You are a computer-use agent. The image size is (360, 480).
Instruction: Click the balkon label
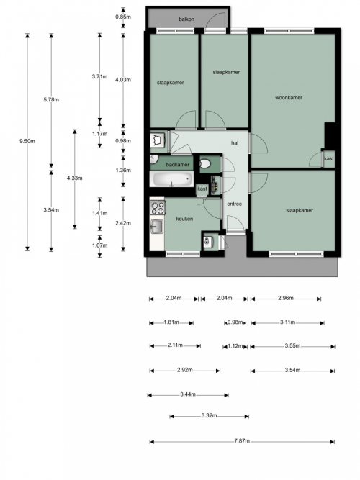point(186,19)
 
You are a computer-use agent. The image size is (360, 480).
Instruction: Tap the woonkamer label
point(289,98)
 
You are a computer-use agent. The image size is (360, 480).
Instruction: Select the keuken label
point(184,219)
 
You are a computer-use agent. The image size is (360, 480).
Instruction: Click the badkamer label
point(178,165)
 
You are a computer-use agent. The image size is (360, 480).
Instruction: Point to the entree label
point(235,204)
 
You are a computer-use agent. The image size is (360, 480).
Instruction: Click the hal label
point(235,143)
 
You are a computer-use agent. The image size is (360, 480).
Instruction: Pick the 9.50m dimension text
point(27,141)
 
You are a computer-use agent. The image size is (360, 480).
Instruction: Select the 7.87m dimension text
point(242,441)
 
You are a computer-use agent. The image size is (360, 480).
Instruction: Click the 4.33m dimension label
point(74,178)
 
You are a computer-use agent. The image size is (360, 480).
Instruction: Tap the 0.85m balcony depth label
point(123,17)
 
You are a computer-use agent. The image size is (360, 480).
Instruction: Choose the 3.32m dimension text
point(210,416)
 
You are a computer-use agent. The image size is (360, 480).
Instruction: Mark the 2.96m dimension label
point(286,298)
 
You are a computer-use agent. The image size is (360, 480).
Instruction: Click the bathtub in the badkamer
point(171,179)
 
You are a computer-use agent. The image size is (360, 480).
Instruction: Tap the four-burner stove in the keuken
point(158,207)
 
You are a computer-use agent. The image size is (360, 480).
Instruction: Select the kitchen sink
point(156,227)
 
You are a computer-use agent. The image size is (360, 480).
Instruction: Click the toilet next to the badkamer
point(205,164)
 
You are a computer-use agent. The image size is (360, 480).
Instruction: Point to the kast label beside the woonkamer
point(329,158)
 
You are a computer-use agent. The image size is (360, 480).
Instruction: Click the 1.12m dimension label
point(235,346)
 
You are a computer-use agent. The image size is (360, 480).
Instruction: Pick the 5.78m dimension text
point(51,99)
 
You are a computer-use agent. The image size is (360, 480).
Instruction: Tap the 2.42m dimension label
point(123,223)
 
